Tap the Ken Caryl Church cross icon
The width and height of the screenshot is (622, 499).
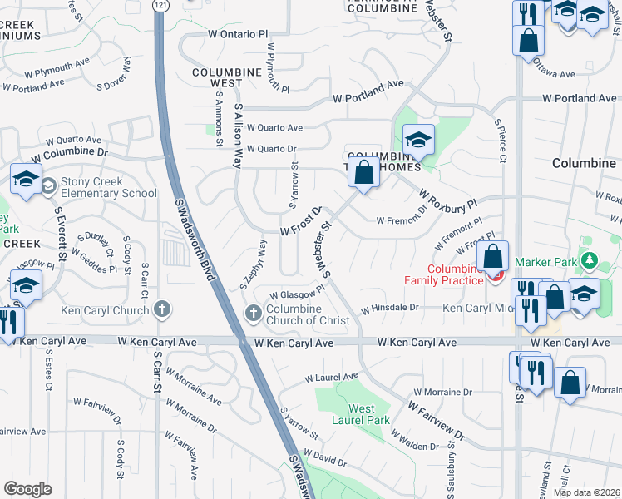(x=162, y=310)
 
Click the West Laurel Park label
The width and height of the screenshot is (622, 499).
(x=368, y=414)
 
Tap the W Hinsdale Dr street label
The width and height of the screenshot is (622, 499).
(x=389, y=308)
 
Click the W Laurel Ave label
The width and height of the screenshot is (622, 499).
(x=331, y=377)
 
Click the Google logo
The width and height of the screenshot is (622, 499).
(x=27, y=489)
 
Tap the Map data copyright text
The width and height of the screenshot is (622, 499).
(x=587, y=492)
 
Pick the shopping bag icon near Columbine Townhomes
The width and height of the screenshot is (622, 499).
(x=363, y=173)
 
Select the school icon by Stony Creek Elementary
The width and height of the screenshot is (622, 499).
(x=26, y=179)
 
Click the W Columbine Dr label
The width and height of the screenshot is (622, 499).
(x=70, y=155)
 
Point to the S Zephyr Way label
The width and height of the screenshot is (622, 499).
(x=254, y=264)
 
